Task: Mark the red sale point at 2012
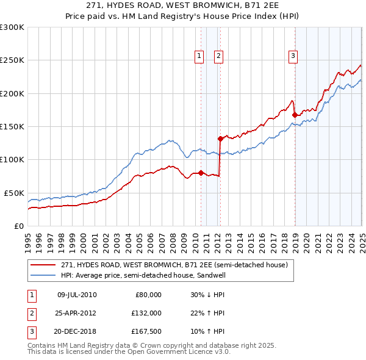(220, 139)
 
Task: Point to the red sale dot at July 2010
(201, 173)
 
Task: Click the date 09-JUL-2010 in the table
(77, 295)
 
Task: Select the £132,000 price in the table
(146, 313)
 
